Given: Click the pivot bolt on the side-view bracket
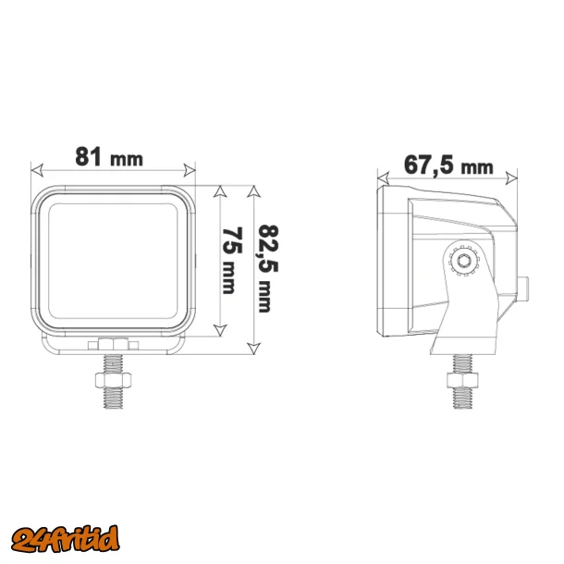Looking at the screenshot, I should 462,263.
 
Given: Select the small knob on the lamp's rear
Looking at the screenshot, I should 523,288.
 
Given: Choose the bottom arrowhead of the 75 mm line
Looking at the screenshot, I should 220,330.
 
